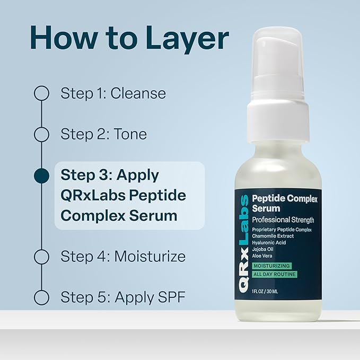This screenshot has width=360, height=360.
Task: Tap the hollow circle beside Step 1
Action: pos(41,94)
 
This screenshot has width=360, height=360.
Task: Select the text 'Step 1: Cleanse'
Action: pos(113,94)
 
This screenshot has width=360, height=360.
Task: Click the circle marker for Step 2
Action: pos(41,135)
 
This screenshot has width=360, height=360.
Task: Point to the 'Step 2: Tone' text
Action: pos(103,135)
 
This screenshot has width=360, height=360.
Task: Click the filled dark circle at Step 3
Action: pos(41,175)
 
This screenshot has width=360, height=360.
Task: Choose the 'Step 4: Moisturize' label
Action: pos(123,257)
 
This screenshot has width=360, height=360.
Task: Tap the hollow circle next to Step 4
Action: pos(41,257)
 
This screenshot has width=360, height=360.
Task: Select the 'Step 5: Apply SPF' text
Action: pos(122,297)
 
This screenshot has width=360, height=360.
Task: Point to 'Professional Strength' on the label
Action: pos(283,219)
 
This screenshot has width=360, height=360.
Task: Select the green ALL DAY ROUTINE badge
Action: pos(274,274)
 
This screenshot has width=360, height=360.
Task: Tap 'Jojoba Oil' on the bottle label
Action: pos(264,249)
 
